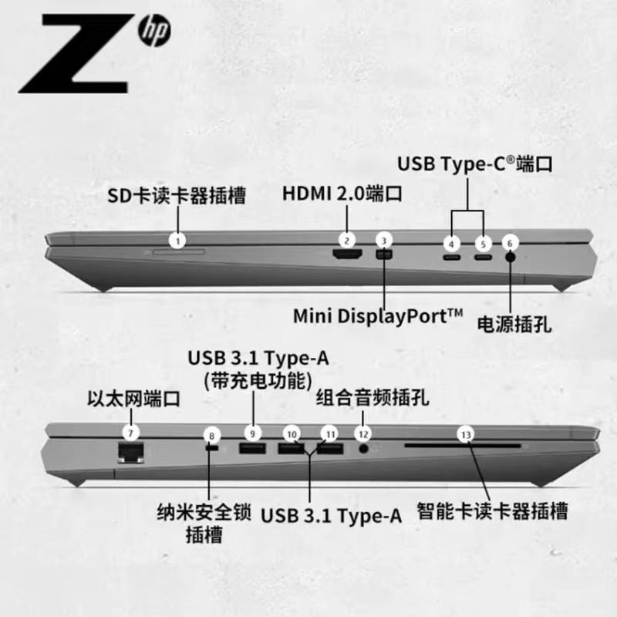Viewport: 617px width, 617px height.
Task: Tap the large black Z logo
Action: coord(73,55)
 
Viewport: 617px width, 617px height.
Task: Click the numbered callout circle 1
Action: coord(178,241)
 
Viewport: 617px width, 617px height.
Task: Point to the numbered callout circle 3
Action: coord(385,241)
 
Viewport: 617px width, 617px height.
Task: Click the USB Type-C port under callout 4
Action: coord(451,256)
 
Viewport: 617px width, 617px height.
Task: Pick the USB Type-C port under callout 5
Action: coord(483,256)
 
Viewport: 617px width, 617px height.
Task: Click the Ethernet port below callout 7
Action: coord(132,452)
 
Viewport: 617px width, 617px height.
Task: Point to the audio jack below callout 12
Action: coord(363,449)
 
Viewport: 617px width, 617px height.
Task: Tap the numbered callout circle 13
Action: coord(465,433)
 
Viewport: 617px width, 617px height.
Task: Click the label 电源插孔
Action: coord(514,323)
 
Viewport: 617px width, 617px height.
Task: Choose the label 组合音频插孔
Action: coord(373,398)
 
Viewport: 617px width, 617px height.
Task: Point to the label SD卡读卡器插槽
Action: coord(177,196)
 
